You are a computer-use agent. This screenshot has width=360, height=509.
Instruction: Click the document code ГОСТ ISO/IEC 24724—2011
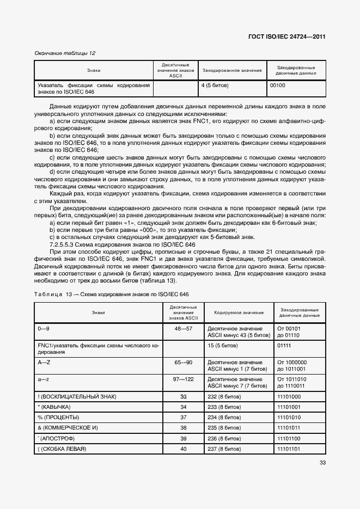point(286,36)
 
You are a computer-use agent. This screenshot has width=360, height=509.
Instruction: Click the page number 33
point(322,463)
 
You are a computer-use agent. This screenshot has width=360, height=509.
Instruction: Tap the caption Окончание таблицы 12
point(65,53)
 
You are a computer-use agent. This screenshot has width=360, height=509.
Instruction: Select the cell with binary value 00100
point(278,85)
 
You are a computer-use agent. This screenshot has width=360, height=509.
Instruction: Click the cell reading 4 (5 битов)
point(215,85)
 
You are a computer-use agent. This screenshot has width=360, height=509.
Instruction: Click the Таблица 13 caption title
point(112,295)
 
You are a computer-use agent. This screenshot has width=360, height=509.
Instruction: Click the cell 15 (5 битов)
point(222,345)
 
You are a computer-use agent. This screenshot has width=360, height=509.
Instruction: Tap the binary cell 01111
point(284,345)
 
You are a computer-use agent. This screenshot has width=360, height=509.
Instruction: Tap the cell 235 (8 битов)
point(224,428)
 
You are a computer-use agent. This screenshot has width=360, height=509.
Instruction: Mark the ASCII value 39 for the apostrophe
point(183,438)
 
